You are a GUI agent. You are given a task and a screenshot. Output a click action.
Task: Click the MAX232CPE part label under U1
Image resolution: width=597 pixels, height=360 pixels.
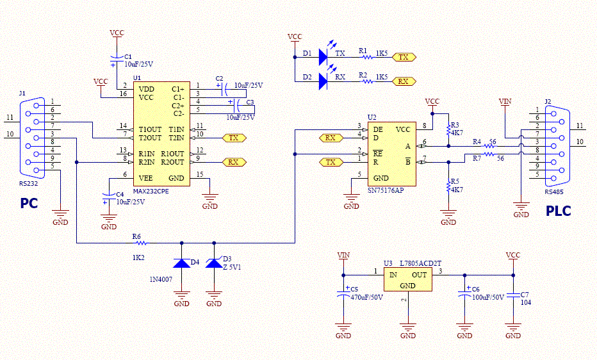(x=151, y=191)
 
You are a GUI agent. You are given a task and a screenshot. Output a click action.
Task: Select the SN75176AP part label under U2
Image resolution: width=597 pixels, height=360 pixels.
(x=386, y=190)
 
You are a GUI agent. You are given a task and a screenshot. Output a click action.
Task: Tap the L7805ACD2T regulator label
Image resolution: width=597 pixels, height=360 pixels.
(x=421, y=263)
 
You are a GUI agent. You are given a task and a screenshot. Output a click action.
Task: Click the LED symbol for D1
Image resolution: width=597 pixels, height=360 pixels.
(x=323, y=57)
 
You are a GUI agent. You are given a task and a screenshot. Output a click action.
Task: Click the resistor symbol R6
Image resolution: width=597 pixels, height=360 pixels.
(x=141, y=243)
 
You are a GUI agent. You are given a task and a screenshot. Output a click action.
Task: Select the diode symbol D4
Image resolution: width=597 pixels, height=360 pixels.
(x=182, y=263)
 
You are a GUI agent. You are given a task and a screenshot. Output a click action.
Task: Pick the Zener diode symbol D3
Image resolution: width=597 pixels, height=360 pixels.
(x=214, y=263)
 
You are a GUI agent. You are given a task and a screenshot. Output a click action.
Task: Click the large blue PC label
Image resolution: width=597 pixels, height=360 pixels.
(x=29, y=204)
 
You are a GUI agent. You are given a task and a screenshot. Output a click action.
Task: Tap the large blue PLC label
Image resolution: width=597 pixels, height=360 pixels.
(x=559, y=211)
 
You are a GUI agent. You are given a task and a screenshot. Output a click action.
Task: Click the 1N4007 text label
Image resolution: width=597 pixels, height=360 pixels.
(x=161, y=280)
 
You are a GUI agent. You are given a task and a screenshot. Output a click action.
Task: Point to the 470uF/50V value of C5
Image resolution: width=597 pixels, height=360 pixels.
(x=366, y=297)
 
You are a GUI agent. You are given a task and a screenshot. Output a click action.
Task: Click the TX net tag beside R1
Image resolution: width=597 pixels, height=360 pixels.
(x=404, y=57)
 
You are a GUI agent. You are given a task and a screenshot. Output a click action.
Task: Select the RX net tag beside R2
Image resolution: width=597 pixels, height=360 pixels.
(x=404, y=81)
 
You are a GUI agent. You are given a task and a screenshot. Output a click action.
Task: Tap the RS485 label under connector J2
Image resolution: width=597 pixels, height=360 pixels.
(x=554, y=192)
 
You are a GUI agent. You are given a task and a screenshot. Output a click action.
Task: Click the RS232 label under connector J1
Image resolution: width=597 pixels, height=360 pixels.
(x=29, y=183)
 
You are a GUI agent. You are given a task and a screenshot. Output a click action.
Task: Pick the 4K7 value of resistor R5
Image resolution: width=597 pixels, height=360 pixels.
(x=457, y=190)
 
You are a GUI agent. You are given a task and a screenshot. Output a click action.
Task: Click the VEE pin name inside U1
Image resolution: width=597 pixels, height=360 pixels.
(x=146, y=178)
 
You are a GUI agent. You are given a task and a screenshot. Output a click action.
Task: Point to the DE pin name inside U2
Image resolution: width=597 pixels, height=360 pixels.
(x=378, y=130)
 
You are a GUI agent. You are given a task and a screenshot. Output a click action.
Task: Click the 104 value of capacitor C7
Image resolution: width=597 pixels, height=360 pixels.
(x=526, y=302)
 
